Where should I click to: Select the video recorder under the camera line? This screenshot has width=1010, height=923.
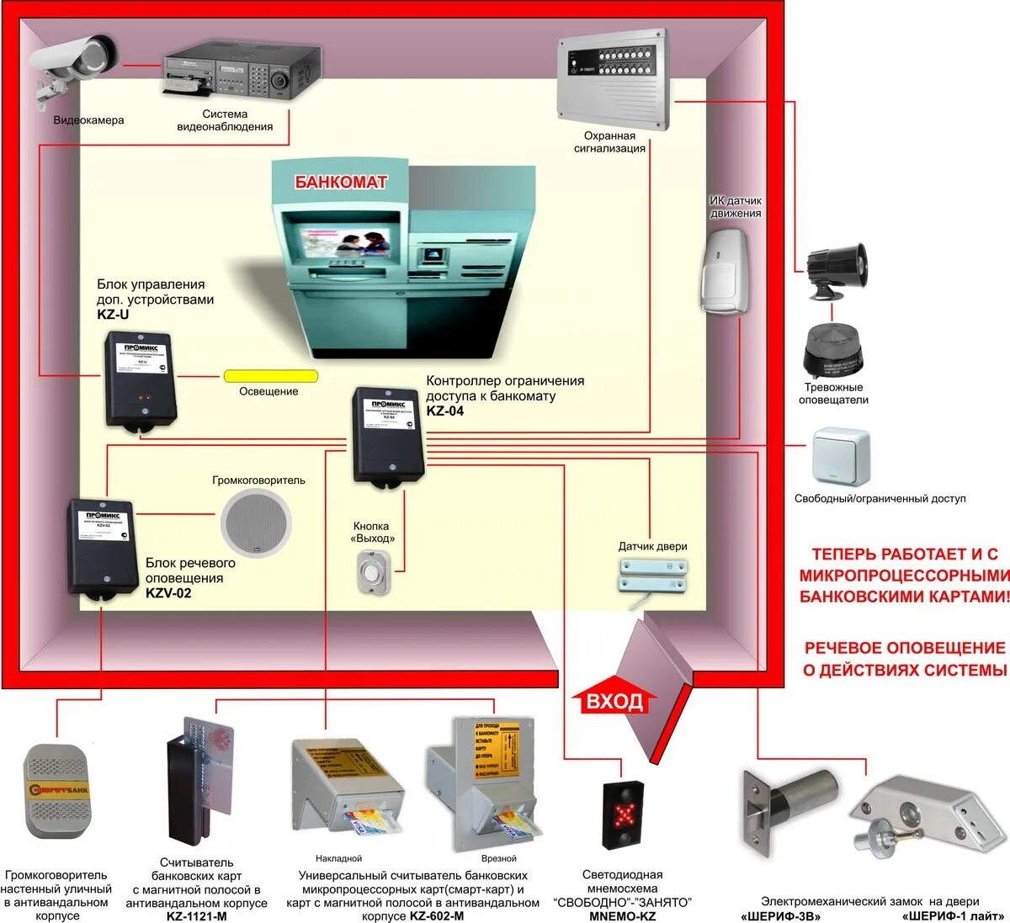[x=241, y=71]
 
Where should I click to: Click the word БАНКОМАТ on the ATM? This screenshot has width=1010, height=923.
[x=341, y=182]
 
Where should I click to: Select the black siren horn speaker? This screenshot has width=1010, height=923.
[x=835, y=270]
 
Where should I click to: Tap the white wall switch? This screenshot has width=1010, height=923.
[x=840, y=457]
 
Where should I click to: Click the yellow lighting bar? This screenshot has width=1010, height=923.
[x=270, y=376]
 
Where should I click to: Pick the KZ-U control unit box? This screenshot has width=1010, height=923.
[x=140, y=381]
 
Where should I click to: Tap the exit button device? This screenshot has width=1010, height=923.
[x=373, y=572]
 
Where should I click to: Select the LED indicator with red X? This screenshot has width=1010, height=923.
[x=624, y=814]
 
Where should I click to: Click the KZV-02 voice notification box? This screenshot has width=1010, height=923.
[x=104, y=547]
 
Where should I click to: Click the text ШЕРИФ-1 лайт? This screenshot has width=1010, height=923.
[x=952, y=915]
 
